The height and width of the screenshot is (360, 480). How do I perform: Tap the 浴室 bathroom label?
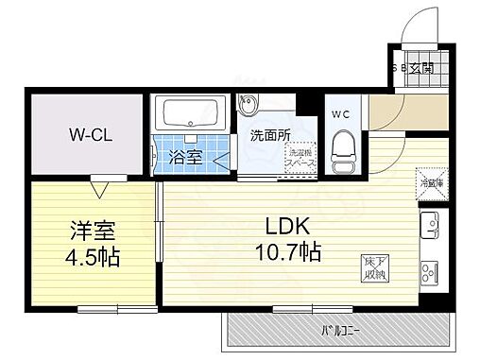(x=185, y=158)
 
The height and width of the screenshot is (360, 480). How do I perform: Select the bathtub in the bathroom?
(x=193, y=114)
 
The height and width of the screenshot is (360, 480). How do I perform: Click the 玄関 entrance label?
(x=421, y=68)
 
